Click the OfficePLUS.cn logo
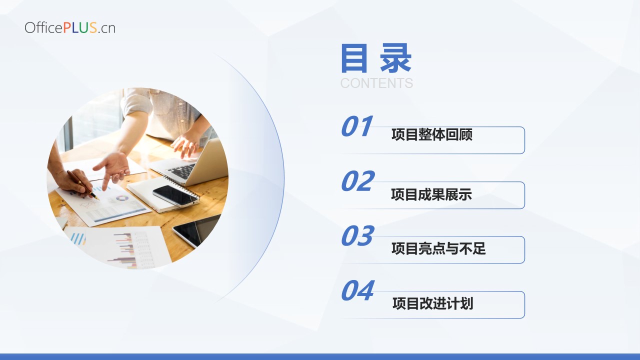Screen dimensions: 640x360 click(x=70, y=27)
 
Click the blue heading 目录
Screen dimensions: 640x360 click(x=376, y=58)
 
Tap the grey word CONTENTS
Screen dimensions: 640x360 click(x=376, y=83)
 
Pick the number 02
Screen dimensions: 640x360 click(x=357, y=180)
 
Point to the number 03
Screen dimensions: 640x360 click(x=357, y=235)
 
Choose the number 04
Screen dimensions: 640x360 click(x=357, y=290)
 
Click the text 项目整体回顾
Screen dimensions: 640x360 click(x=431, y=134)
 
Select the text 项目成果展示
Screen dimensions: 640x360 click(x=431, y=194)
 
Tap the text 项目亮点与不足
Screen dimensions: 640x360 click(x=438, y=248)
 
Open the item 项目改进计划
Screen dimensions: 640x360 click(x=433, y=303)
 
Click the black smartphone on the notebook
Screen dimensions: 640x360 click(x=175, y=195)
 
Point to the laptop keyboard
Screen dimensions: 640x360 click(x=181, y=170)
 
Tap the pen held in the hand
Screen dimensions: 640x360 click(x=83, y=185)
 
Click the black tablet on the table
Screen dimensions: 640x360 click(x=196, y=230)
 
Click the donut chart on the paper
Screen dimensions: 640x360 click(x=122, y=198)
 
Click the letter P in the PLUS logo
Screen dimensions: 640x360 click(x=67, y=27)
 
